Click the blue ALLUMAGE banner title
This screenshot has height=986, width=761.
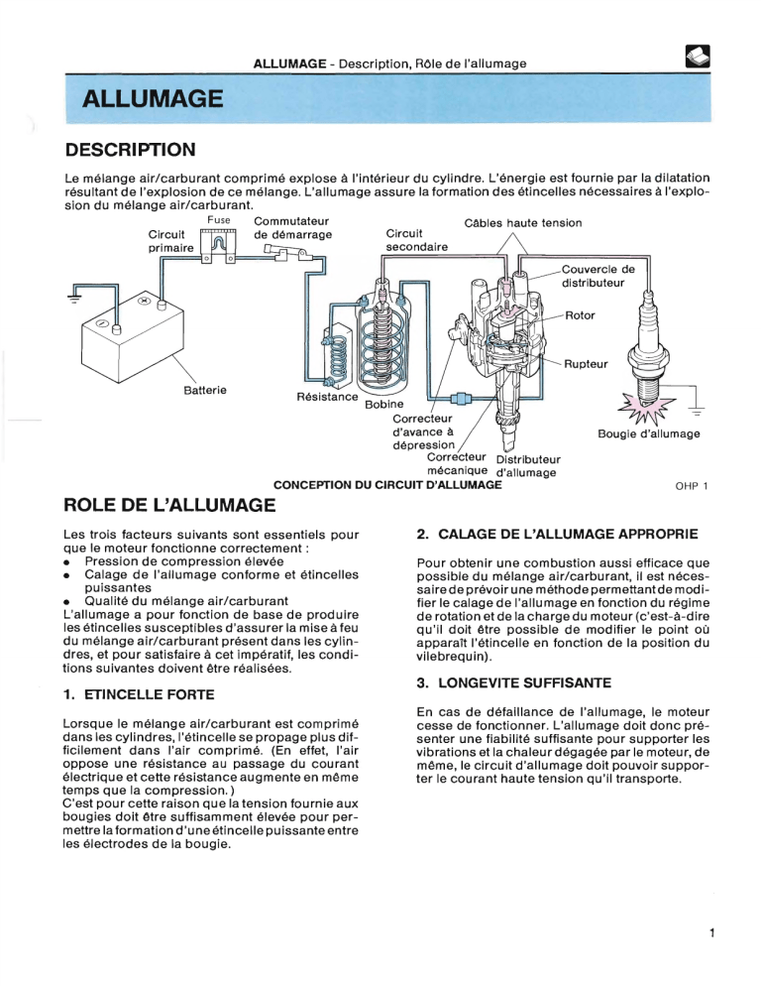coord(152,99)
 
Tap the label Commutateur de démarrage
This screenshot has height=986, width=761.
coord(292,228)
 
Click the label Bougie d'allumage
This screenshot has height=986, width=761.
coord(649,433)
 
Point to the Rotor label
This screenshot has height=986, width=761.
coord(579,315)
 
